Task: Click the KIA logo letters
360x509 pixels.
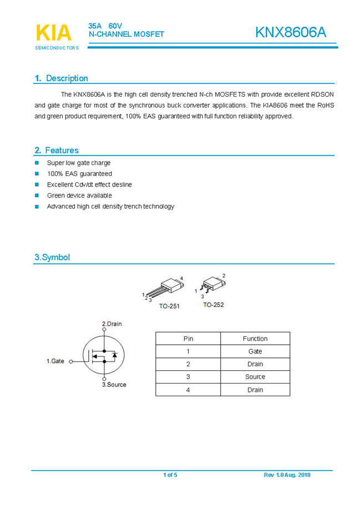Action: point(54,33)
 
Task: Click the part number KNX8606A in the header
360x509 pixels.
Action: point(291,33)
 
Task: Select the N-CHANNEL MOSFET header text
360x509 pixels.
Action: point(126,34)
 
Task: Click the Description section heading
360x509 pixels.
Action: point(61,78)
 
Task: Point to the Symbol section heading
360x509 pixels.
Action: point(52,258)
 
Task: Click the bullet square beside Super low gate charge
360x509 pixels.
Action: point(37,163)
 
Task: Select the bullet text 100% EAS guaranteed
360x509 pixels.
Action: point(79,174)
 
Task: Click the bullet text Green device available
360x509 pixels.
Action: point(79,195)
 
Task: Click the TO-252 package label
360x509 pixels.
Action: point(214,305)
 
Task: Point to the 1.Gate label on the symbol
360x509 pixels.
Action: point(55,361)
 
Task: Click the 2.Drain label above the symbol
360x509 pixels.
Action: point(111,324)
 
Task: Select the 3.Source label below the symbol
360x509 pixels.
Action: point(114,385)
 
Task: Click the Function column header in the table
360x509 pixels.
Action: point(255,339)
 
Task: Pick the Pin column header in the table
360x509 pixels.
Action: point(188,339)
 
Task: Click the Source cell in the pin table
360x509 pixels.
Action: point(255,377)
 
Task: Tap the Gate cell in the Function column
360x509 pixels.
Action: point(255,351)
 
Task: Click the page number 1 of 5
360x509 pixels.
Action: point(170,475)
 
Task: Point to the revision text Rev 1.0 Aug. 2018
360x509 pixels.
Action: point(287,475)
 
